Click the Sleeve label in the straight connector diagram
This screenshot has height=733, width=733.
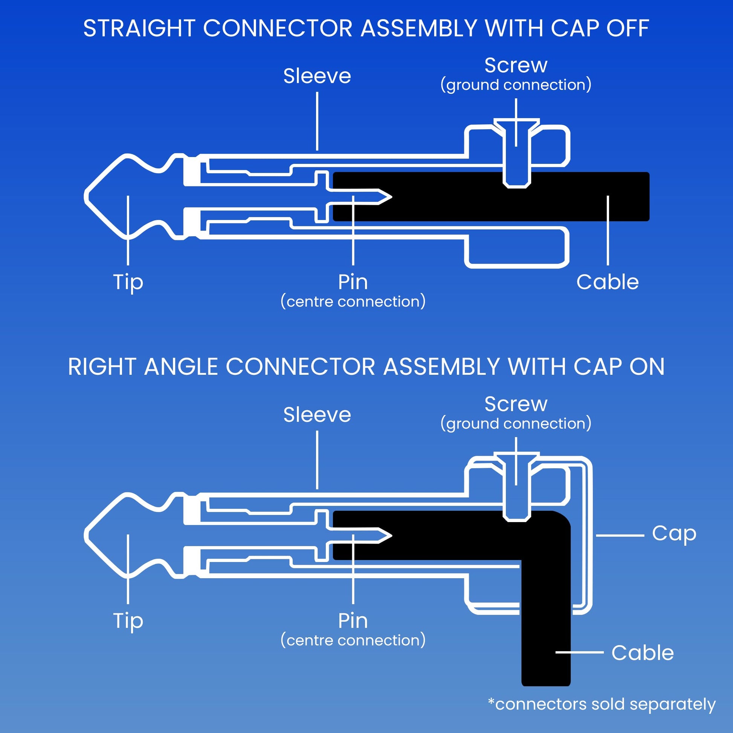(x=317, y=76)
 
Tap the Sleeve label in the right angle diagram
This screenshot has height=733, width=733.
(x=317, y=415)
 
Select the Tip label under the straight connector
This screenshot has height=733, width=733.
(x=128, y=282)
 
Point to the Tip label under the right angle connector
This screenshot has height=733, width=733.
(x=128, y=621)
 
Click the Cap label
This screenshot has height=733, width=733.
(x=674, y=533)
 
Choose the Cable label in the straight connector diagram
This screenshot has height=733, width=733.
(x=608, y=282)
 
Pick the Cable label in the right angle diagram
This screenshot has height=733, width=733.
(x=642, y=653)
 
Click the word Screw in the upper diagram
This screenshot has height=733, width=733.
(x=516, y=65)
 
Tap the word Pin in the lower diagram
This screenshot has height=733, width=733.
(x=353, y=621)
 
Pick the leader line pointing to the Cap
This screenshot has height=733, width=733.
(x=619, y=535)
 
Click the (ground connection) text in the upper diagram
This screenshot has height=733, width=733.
(x=516, y=85)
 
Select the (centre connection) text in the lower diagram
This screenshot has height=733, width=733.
(x=353, y=640)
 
